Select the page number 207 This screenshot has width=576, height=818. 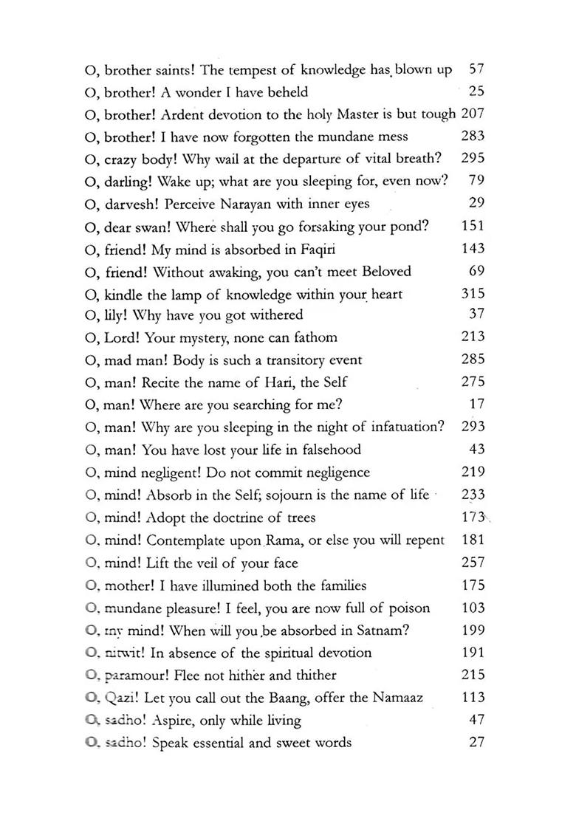tap(473, 114)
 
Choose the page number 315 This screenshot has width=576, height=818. tap(473, 294)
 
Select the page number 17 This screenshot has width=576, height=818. tap(476, 405)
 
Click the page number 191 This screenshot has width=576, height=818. tap(473, 653)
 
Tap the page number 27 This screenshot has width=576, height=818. tap(476, 742)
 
